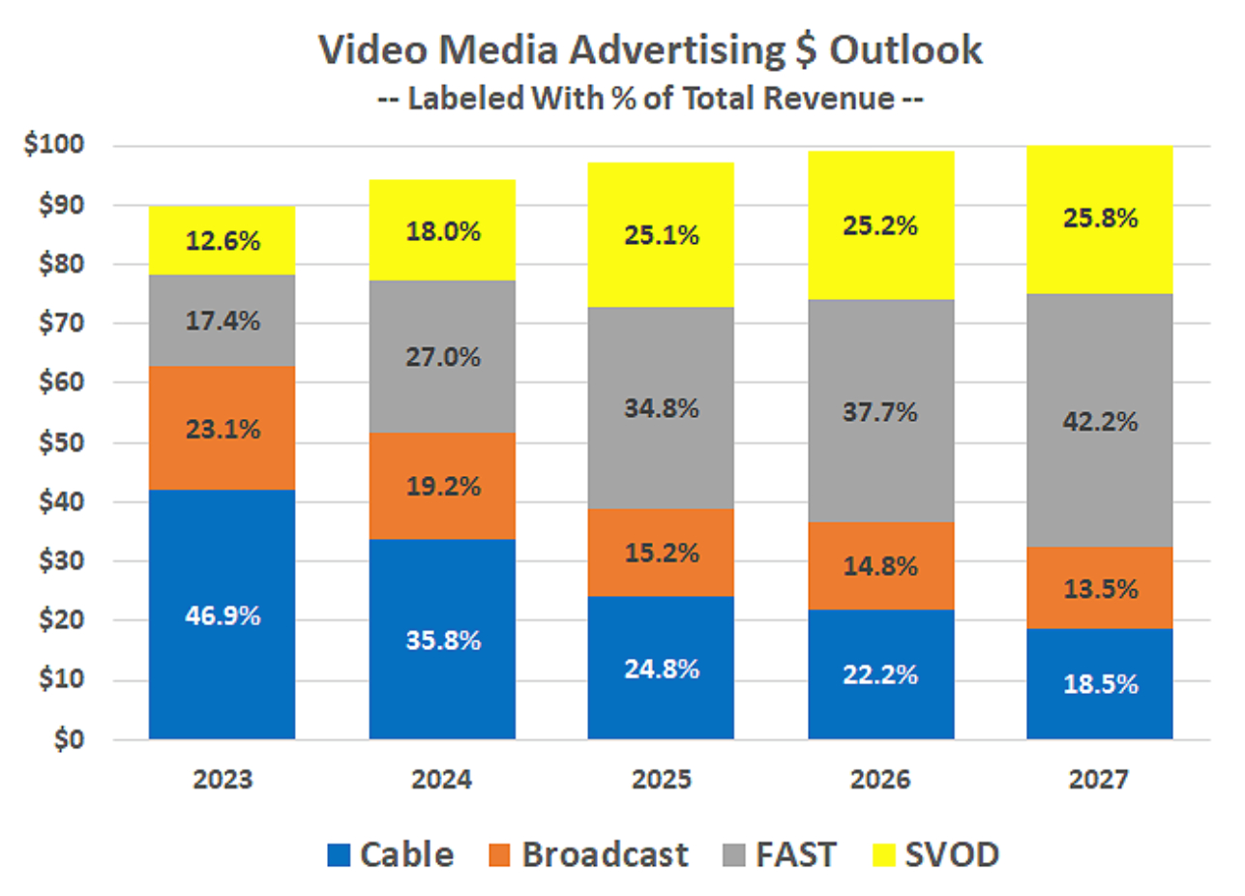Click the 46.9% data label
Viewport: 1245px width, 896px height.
pos(222,616)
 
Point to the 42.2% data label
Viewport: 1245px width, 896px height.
pos(1099,423)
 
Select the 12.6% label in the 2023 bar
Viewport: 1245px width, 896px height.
pos(222,240)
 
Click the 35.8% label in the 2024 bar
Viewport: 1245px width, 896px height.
pos(442,641)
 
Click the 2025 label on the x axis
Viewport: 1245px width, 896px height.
pos(661,779)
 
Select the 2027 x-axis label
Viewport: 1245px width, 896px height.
pos(1099,779)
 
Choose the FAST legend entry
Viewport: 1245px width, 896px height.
pos(780,853)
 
